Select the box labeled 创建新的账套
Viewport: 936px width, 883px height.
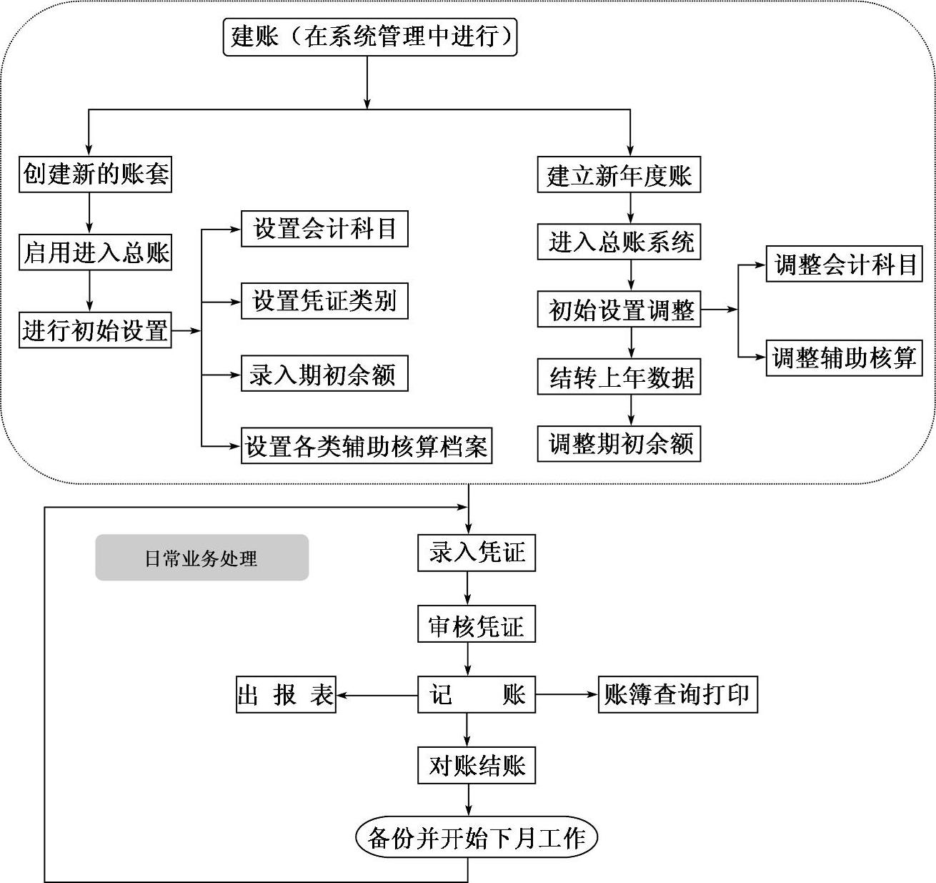95,174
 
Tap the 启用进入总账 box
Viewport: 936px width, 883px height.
95,252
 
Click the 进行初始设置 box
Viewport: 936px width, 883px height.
95,330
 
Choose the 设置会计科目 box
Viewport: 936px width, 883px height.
324,229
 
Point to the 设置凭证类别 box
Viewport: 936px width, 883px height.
324,301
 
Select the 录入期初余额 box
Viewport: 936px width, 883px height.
324,374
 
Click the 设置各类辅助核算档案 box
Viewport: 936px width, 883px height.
367,445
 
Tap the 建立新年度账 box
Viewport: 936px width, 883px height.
619,175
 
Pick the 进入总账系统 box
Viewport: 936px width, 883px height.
619,242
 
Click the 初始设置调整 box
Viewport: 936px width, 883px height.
619,310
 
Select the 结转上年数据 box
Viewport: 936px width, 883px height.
619,377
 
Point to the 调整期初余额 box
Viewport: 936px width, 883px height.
619,443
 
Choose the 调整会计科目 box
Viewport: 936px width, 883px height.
845,265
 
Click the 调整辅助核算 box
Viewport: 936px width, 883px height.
845,357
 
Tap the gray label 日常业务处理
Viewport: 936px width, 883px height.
201,558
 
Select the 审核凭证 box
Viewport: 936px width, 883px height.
477,626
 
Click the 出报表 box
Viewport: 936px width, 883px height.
286,694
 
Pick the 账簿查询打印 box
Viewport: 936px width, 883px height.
677,694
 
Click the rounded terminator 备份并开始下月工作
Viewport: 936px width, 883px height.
477,837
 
